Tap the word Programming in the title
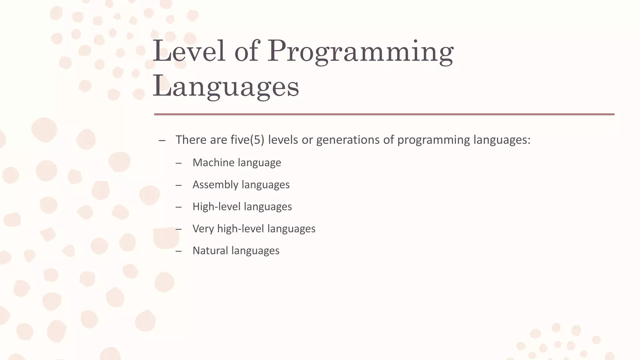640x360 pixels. [360, 52]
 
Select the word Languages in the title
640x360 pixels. [226, 87]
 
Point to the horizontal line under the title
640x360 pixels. [384, 114]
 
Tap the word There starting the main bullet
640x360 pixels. [191, 140]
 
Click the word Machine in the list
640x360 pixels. [213, 162]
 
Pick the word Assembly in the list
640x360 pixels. [215, 185]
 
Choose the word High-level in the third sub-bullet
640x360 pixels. [216, 207]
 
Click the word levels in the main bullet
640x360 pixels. [283, 140]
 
